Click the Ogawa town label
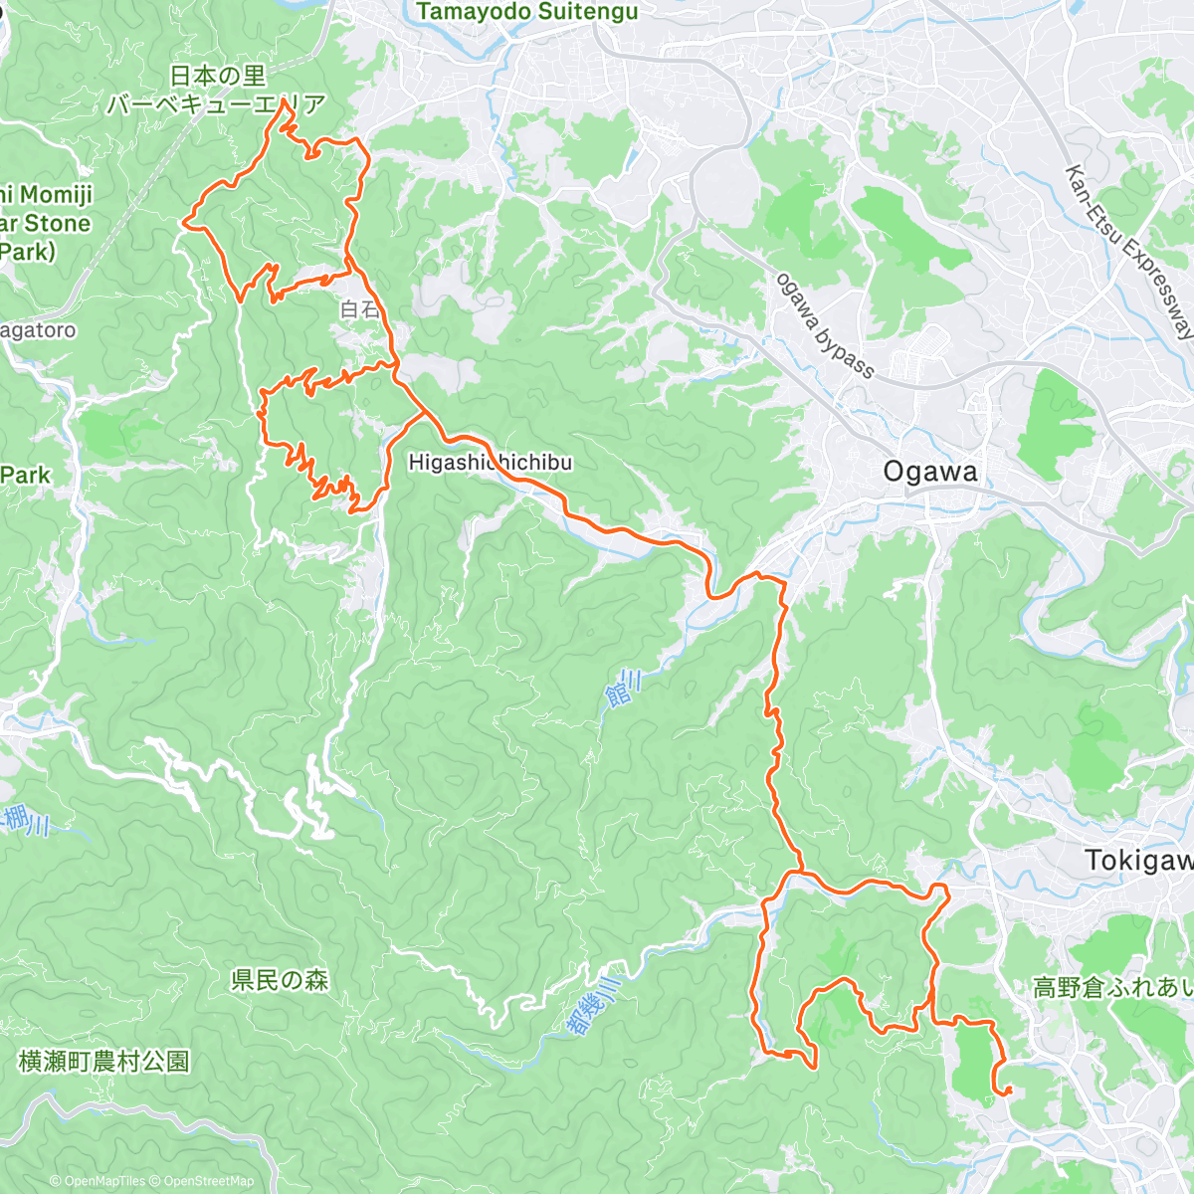coord(930,472)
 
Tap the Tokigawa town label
coord(1138,860)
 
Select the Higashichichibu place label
coord(490,463)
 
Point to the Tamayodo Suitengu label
coord(527,12)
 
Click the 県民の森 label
coord(280,980)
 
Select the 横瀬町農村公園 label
coord(104,1062)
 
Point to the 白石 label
coord(359,309)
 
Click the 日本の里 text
coord(218,76)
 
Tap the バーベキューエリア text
coord(216,104)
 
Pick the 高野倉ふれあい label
coord(1112,987)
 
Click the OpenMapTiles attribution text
coord(99,1181)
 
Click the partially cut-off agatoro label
coord(38,330)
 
